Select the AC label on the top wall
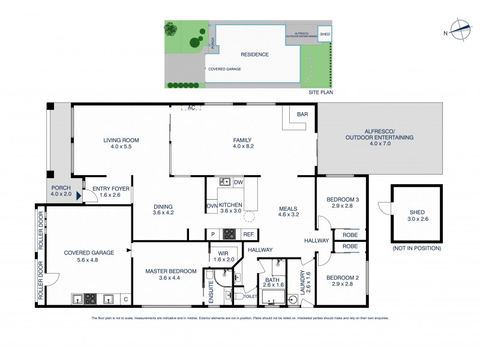(x=191, y=108)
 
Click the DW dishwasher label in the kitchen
(x=238, y=182)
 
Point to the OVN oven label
(x=212, y=206)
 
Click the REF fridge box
(x=248, y=235)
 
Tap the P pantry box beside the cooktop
(x=212, y=235)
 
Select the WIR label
(x=225, y=253)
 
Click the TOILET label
(x=250, y=296)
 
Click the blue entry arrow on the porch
(x=77, y=195)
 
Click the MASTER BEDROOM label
(x=171, y=271)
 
